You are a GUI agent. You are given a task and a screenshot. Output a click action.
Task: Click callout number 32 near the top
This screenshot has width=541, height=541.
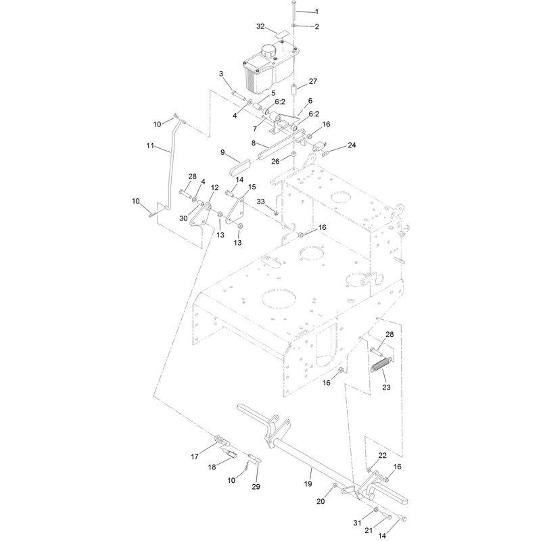[x=260, y=26]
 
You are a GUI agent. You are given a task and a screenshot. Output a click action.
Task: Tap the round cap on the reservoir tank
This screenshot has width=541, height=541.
[x=268, y=52]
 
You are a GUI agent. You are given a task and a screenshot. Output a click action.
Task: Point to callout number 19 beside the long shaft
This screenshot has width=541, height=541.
[x=308, y=484]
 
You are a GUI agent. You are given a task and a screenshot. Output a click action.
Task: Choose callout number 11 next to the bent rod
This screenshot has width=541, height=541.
[x=150, y=145]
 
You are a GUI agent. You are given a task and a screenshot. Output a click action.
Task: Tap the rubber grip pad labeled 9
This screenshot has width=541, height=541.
[x=240, y=168]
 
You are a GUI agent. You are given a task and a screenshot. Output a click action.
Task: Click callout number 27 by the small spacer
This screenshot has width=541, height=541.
[x=313, y=81]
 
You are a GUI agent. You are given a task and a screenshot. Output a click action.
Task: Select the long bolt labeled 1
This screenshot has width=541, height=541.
[x=293, y=9]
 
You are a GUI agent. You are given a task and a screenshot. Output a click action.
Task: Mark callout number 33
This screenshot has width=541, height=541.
[x=260, y=202]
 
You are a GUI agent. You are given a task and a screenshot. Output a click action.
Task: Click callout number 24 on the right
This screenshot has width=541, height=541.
[x=352, y=145]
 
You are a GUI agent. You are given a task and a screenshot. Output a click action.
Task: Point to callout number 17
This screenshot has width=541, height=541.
[x=195, y=456]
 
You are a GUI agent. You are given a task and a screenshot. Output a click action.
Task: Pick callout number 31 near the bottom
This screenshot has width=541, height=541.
[x=358, y=523]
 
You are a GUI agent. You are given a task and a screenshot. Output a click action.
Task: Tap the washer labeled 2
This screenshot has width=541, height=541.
[x=293, y=26]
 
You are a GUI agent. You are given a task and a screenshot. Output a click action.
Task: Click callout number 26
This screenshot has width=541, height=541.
[x=275, y=161]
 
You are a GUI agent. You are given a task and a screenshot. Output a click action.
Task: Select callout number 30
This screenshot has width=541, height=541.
[x=183, y=218]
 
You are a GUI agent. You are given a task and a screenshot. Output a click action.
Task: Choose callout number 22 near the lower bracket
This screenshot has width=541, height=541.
[x=383, y=455]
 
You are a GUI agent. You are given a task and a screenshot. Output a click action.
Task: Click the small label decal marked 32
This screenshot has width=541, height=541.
[x=282, y=35]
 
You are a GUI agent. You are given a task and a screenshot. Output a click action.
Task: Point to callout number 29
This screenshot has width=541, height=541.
[x=256, y=486]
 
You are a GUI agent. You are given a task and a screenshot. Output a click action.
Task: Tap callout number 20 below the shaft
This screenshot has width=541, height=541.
[x=321, y=501]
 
